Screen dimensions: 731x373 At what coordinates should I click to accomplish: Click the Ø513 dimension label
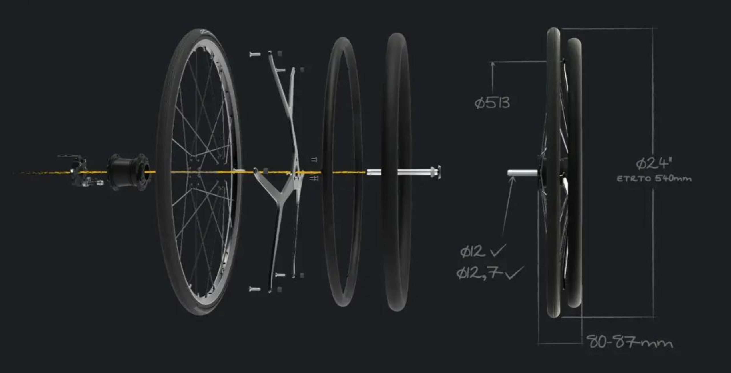[492, 103]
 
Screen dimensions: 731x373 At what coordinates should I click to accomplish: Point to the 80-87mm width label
[630, 342]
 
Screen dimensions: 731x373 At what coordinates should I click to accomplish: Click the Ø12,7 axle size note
[480, 273]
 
